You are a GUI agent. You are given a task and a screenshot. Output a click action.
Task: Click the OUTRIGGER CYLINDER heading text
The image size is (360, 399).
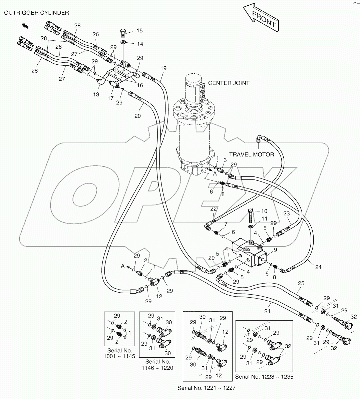pyautogui.click(x=36, y=13)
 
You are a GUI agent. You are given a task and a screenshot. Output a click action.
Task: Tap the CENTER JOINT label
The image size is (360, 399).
pyautogui.click(x=229, y=83)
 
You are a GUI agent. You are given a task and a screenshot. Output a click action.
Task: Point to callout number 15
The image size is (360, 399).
pyautogui.click(x=139, y=31)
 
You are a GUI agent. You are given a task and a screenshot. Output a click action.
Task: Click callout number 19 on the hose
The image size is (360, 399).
pyautogui.click(x=163, y=69)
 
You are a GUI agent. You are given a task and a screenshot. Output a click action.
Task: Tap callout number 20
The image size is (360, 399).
pyautogui.click(x=137, y=116)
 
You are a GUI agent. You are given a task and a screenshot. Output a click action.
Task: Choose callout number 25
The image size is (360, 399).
pyautogui.click(x=301, y=283)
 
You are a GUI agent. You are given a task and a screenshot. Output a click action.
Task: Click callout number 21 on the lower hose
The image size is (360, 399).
pyautogui.click(x=267, y=311)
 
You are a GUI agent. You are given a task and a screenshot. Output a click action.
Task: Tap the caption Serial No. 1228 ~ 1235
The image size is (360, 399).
pyautogui.click(x=264, y=377)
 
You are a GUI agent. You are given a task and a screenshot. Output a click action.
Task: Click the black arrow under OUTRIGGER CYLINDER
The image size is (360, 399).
pyautogui.click(x=25, y=26)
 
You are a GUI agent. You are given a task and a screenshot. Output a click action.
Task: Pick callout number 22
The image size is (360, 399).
pyautogui.click(x=214, y=209)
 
